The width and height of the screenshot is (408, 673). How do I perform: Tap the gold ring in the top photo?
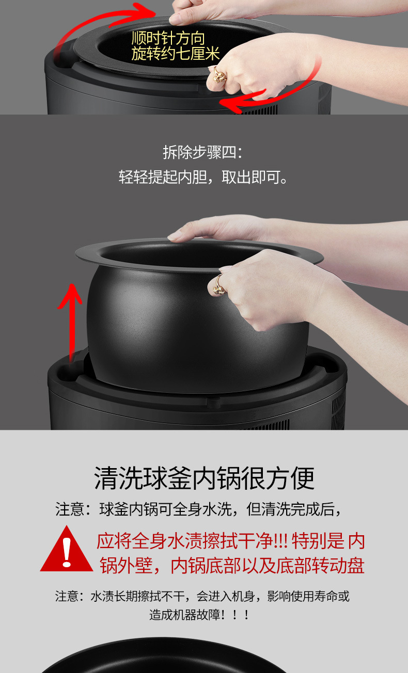tap(219, 75)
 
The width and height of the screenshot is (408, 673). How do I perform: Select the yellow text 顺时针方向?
tap(168, 39)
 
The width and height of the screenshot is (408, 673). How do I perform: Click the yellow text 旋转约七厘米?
tap(176, 54)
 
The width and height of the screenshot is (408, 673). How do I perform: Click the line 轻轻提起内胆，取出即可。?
tap(203, 177)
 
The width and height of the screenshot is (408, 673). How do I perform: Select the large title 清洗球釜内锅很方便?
tap(204, 478)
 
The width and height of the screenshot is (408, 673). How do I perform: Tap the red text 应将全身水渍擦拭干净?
tap(184, 541)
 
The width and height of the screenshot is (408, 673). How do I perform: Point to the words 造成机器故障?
tap(185, 615)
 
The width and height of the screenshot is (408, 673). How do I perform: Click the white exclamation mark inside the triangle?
tap(67, 552)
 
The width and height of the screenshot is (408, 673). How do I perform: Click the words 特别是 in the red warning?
tap(318, 541)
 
